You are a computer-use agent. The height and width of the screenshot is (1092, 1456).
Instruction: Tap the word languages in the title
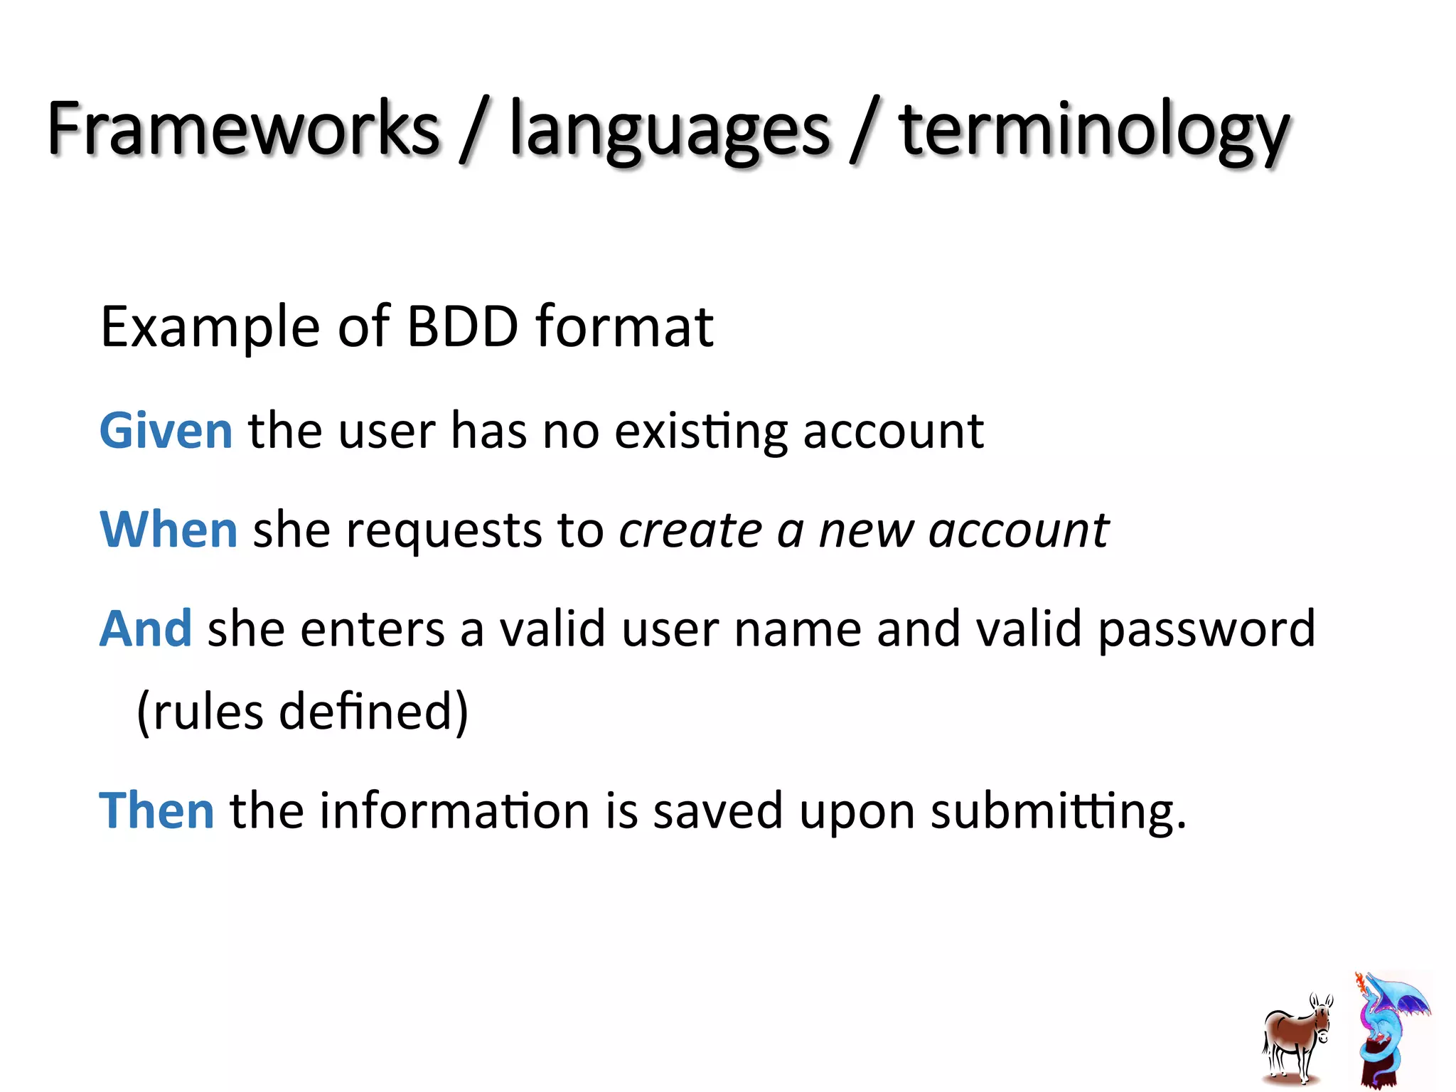click(x=670, y=132)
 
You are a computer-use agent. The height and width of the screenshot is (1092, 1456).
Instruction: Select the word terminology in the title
click(x=1093, y=132)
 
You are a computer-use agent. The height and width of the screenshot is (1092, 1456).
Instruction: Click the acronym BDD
click(x=463, y=327)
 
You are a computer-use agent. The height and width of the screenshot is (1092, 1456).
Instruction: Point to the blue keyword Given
click(x=166, y=431)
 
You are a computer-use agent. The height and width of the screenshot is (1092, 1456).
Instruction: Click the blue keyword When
click(x=168, y=530)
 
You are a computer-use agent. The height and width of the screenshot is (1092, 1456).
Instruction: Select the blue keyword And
click(x=146, y=628)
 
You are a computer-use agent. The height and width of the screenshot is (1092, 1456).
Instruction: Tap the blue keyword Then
click(x=156, y=810)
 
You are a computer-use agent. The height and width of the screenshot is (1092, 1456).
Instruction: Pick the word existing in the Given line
click(x=701, y=432)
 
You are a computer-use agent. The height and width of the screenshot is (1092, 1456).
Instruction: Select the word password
click(x=1206, y=630)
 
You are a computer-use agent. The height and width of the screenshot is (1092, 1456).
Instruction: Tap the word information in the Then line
click(x=454, y=810)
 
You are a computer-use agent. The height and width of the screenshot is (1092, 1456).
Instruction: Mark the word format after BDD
click(x=624, y=327)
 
